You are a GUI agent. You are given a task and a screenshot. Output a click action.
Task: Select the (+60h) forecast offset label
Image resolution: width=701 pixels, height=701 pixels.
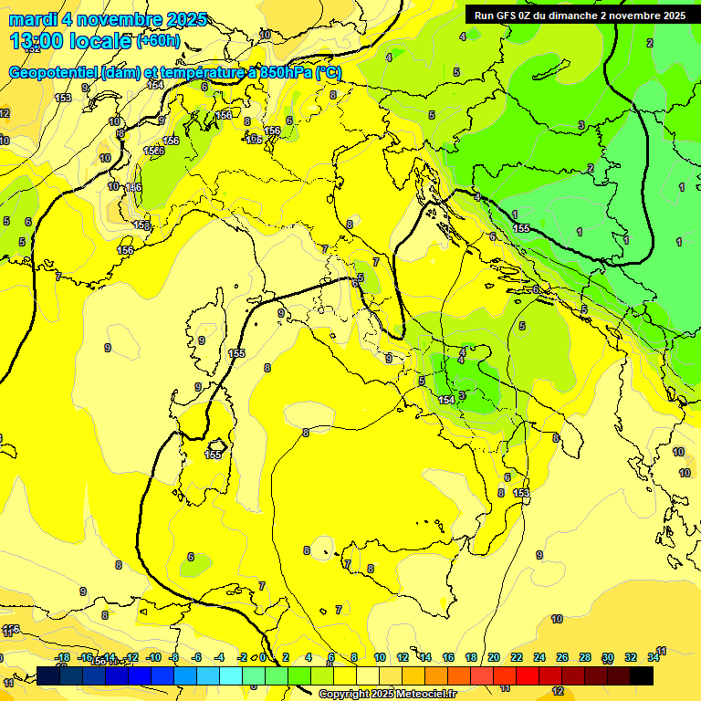(x=158, y=41)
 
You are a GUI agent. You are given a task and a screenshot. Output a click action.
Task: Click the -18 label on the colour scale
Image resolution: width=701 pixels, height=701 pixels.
(x=63, y=657)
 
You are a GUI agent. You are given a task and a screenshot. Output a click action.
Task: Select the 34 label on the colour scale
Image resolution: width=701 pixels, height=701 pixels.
(x=654, y=657)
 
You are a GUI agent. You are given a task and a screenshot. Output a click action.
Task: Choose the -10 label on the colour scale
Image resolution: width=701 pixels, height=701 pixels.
(x=153, y=657)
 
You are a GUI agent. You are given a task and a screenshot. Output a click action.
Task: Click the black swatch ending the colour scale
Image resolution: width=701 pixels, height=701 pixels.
(x=642, y=675)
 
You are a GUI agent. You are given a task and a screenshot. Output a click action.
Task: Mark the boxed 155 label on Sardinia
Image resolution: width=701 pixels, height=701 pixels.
(x=214, y=454)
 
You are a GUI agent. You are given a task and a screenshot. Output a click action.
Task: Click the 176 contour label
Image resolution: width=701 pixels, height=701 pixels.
(x=11, y=629)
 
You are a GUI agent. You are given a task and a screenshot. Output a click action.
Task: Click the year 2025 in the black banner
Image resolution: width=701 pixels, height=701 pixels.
(x=674, y=16)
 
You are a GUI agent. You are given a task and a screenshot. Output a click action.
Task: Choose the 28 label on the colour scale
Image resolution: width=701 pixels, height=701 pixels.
(x=585, y=657)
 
